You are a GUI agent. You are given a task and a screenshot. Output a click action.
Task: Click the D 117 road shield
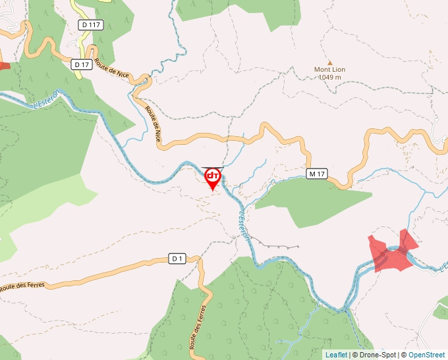90,25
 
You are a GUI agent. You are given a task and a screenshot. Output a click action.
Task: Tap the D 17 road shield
82,64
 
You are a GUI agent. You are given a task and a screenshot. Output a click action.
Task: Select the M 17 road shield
317,174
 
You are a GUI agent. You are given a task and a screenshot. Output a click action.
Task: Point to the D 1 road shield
176,259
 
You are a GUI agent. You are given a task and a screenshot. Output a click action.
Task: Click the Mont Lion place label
329,69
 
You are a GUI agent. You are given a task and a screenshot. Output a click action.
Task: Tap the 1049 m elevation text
329,77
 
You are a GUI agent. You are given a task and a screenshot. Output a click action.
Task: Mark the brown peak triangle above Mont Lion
330,61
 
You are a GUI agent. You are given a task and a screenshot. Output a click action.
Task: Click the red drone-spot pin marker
213,178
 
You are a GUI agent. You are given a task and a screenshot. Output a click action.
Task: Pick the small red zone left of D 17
4,64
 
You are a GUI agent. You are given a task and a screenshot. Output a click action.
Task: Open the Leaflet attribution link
336,355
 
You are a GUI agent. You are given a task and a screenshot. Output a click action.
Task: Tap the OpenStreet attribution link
428,355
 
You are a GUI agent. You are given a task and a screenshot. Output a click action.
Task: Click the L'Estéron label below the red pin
244,224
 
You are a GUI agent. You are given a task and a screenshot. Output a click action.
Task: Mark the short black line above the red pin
213,167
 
